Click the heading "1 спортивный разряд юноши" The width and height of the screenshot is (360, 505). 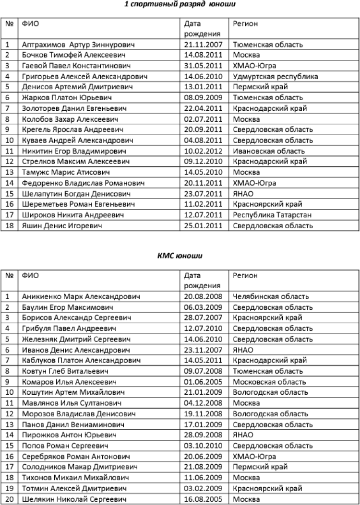tap(180, 4)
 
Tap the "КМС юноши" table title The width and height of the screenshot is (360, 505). tap(180, 256)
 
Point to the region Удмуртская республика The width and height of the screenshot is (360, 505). tap(275, 76)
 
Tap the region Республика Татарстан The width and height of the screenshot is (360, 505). tap(272, 214)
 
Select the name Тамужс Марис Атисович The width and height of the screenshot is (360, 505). tap(66, 172)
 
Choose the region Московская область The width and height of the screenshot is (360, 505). tap(269, 382)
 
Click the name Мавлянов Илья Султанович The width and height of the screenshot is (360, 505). tap(70, 403)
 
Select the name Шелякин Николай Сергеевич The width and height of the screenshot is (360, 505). tap(74, 500)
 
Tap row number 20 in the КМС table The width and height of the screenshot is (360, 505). tap(9, 500)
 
